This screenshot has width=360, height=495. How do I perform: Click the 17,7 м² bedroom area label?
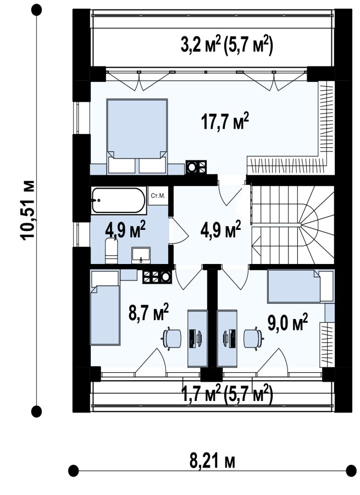click(225, 121)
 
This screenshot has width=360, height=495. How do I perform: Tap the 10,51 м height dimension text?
click(28, 210)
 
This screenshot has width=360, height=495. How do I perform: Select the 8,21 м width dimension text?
click(212, 461)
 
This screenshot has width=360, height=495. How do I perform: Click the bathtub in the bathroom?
click(119, 200)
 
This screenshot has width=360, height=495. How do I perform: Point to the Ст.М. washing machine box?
click(158, 196)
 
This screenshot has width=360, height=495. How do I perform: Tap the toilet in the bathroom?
click(112, 251)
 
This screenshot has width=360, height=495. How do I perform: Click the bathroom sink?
click(141, 255)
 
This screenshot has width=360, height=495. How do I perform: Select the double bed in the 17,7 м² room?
click(137, 136)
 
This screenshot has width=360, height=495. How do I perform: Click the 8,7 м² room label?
click(148, 312)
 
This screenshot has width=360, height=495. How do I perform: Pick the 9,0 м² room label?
click(287, 322)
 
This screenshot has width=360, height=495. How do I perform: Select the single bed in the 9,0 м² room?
click(301, 286)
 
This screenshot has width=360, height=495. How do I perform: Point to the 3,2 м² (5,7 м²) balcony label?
click(226, 46)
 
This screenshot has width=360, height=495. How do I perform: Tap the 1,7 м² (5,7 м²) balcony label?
click(226, 394)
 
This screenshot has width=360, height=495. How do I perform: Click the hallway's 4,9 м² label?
click(220, 229)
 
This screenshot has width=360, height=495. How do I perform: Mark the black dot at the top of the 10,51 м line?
click(37, 10)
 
